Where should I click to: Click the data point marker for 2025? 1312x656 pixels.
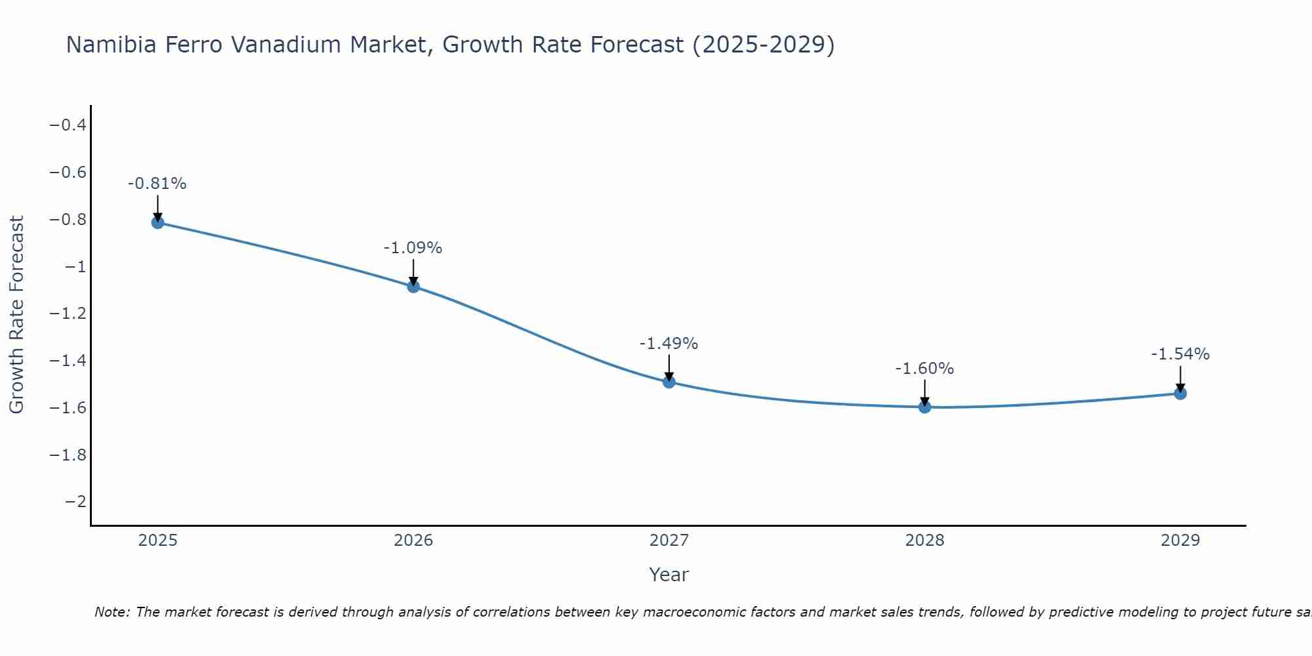coord(157,222)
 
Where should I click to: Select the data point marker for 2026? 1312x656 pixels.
coord(413,286)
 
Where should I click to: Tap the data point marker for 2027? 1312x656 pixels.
coord(669,382)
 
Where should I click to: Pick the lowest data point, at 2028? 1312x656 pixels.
coord(925,407)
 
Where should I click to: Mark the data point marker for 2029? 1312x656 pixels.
coord(1180,394)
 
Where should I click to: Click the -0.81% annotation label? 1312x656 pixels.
coord(157,184)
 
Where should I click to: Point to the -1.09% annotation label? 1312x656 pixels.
coord(413,248)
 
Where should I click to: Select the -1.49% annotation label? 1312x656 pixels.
coord(669,344)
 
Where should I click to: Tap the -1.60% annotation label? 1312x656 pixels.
coord(925,369)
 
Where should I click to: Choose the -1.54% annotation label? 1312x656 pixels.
coord(1180,354)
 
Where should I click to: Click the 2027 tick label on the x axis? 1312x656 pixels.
coord(669,541)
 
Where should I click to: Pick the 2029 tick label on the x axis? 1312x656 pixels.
coord(1180,541)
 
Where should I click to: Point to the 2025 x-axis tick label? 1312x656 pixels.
coord(157,541)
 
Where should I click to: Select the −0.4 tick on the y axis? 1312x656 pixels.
coord(68,125)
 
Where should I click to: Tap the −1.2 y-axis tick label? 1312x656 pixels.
coord(68,314)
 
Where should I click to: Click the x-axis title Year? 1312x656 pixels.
coord(669,575)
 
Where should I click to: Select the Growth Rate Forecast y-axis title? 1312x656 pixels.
coord(17,315)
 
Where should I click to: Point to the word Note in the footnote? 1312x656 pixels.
coord(112,612)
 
